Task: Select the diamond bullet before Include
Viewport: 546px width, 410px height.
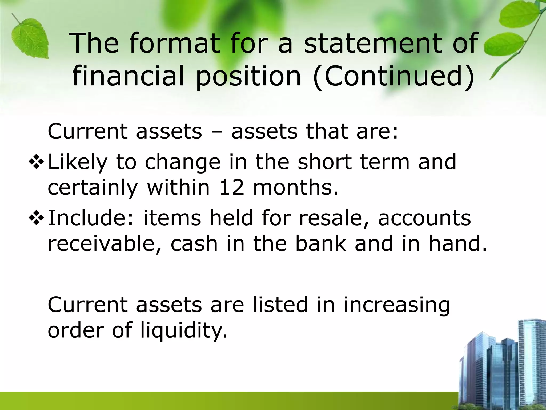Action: (x=36, y=218)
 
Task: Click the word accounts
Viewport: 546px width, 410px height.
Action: (x=424, y=218)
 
